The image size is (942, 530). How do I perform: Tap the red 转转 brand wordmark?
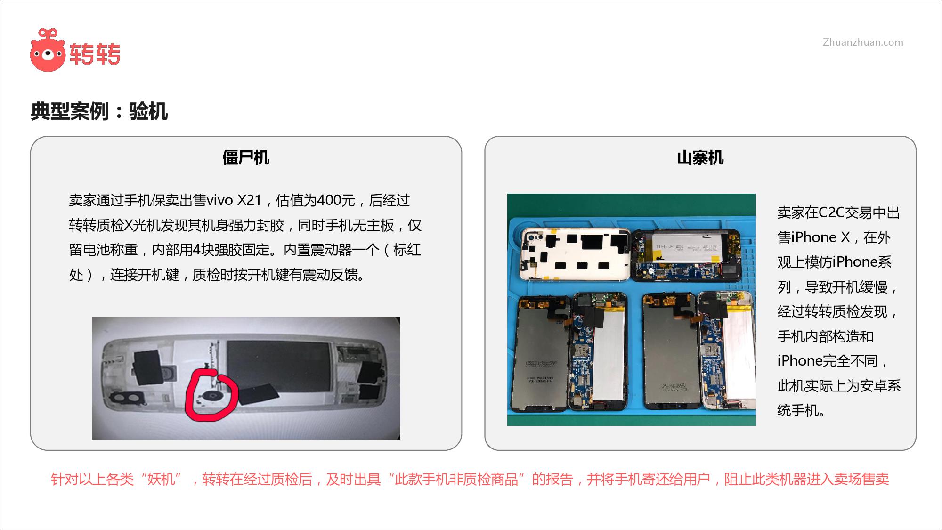click(x=95, y=54)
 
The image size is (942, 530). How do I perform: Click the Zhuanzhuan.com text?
click(x=863, y=42)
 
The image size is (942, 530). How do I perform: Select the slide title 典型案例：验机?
click(x=99, y=111)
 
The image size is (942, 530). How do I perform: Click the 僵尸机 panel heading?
click(x=246, y=157)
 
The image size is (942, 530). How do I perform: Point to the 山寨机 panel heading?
click(x=700, y=157)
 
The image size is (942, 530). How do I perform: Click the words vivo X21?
click(x=234, y=200)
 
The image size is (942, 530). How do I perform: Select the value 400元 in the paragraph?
click(x=336, y=200)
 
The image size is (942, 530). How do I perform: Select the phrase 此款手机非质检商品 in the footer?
click(x=456, y=479)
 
